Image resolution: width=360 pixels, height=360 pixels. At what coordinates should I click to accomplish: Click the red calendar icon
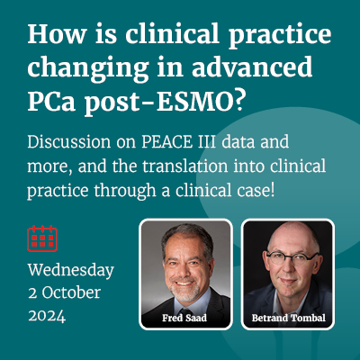42,238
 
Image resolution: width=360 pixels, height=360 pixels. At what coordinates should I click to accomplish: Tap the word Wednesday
71,270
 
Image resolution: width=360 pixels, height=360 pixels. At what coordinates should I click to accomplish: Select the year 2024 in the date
47,316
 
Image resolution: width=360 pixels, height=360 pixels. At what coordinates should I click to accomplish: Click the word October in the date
71,292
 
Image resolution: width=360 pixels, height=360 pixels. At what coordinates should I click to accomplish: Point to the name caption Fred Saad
184,318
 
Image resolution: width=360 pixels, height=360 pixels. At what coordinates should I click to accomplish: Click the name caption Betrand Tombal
289,318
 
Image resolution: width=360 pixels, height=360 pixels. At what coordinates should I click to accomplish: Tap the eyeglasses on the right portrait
292,258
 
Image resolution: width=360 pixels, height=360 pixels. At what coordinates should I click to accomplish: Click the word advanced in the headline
252,67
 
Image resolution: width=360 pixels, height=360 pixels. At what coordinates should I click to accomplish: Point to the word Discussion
69,142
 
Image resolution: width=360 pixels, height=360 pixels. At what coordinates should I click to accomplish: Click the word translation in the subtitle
185,166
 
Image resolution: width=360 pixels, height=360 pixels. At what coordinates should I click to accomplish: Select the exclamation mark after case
272,191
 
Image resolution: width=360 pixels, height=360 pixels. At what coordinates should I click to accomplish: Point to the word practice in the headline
280,36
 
